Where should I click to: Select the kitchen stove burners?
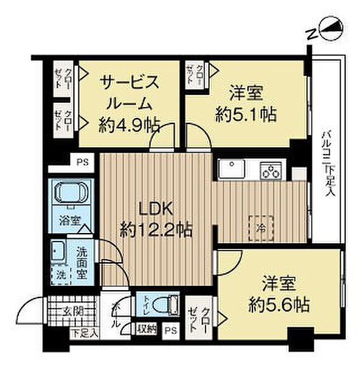tap(271, 170)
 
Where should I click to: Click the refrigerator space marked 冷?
tap(260, 226)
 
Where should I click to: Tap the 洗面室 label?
tap(82, 260)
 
